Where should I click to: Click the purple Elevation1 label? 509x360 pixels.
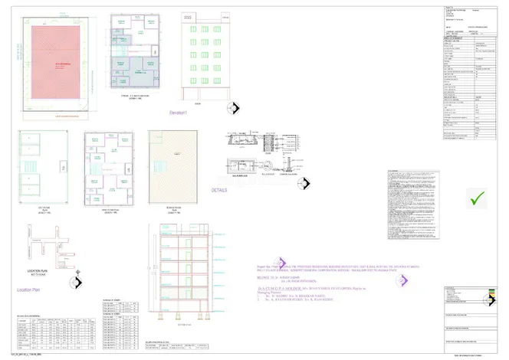coord(181,113)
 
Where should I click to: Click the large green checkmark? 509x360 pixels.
coord(478,198)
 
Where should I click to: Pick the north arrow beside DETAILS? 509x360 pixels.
coord(304,183)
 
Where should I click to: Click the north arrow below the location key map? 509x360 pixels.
coord(75,283)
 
